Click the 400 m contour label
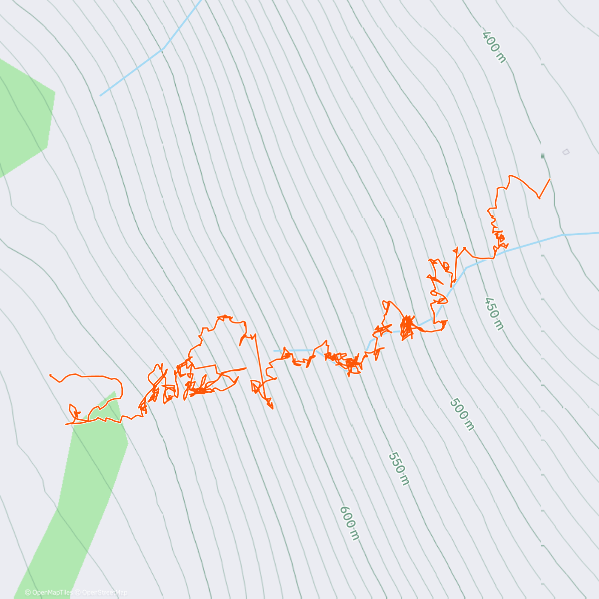494,47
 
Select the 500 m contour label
462,414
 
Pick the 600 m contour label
349,523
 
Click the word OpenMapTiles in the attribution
52,593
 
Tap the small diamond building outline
566,152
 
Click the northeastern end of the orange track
550,179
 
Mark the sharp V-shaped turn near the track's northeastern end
539,198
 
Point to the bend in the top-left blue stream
163,48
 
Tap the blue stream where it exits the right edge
597,233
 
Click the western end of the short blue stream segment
274,351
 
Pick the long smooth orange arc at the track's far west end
85,375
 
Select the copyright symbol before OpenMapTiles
27,593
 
